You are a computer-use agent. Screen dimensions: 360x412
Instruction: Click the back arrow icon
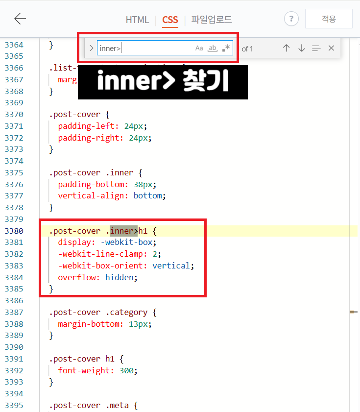coord(20,19)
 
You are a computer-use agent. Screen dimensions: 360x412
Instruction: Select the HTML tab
coord(137,20)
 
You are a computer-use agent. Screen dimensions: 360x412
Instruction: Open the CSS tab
coord(170,20)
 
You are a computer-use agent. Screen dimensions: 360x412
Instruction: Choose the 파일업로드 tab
coord(212,20)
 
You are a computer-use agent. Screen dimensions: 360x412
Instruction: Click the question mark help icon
coord(291,19)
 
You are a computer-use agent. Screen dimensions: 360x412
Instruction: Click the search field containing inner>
coord(144,48)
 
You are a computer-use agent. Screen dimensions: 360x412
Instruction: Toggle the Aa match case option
coord(199,48)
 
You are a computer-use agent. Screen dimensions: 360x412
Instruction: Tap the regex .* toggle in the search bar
coord(226,48)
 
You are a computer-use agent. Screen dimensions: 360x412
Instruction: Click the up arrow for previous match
coord(287,48)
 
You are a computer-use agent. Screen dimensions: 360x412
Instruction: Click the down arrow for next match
coord(302,48)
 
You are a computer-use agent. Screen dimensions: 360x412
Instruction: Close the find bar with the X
coord(331,48)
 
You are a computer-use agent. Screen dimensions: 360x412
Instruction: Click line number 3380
coord(14,231)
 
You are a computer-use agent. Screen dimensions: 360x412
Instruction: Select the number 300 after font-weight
coord(126,371)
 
